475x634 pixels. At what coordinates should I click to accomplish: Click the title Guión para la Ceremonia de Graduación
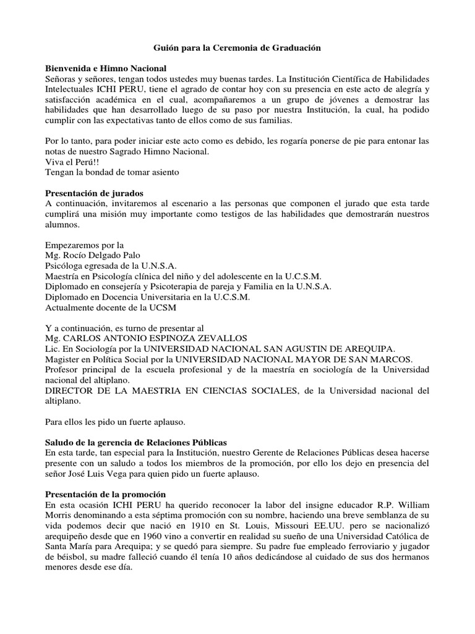tap(237, 47)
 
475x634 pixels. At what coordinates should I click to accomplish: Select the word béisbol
tap(62, 557)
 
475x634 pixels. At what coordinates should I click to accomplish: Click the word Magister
tap(65, 359)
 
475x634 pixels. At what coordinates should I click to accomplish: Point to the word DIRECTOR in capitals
tap(72, 390)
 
